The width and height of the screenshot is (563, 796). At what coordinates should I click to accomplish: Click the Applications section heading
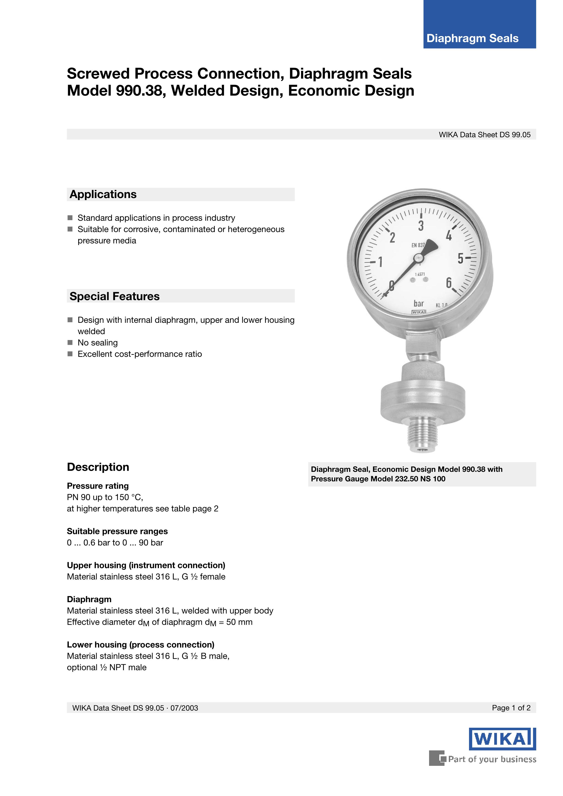click(x=103, y=194)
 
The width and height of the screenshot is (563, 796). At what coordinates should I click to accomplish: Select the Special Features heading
click(x=114, y=296)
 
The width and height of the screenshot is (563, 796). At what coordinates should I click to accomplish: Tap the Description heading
click(x=98, y=467)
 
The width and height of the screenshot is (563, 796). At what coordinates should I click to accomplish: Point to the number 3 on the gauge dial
click(x=421, y=226)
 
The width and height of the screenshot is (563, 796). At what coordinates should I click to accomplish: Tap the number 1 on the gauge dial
click(x=380, y=262)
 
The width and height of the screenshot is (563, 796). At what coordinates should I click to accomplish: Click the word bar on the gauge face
click(x=419, y=304)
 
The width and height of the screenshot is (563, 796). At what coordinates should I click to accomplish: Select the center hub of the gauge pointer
click(x=419, y=257)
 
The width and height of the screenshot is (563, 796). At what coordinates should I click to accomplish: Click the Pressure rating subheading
click(x=98, y=486)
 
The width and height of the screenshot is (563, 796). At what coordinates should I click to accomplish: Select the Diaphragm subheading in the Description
click(x=89, y=599)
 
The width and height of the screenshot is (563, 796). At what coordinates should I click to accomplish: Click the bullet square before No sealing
click(x=70, y=343)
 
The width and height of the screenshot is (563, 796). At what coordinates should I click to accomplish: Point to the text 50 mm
click(x=239, y=622)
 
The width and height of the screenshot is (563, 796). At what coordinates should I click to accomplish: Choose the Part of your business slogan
click(x=492, y=759)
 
